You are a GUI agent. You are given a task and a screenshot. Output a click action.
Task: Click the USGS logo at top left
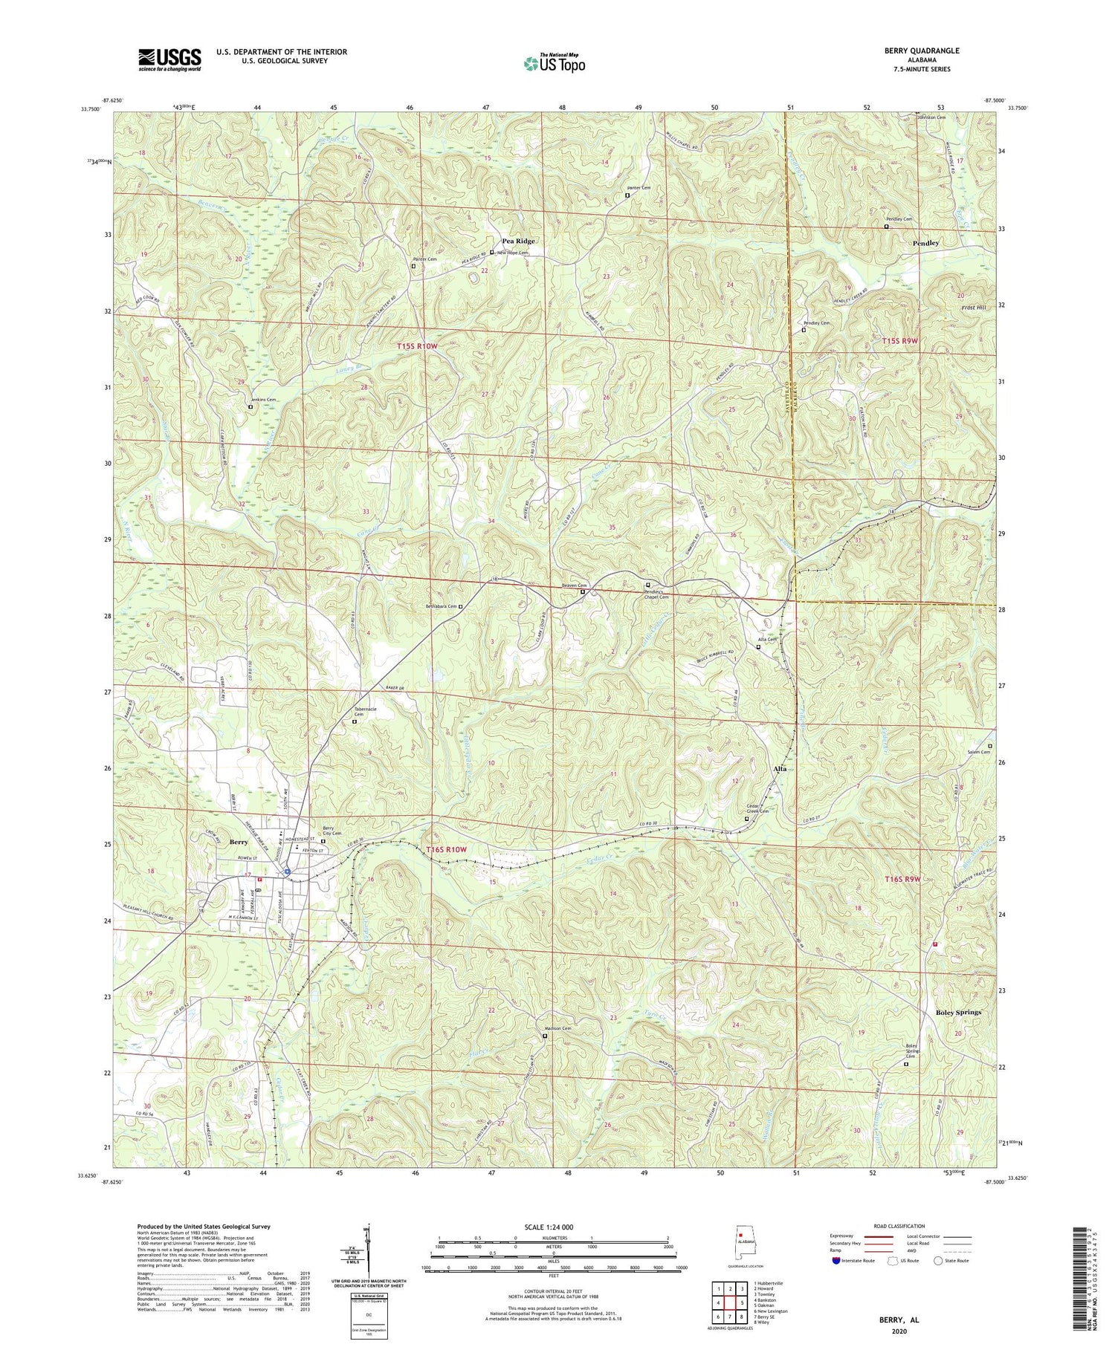coord(169,59)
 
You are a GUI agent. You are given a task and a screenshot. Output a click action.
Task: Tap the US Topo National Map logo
coord(554,63)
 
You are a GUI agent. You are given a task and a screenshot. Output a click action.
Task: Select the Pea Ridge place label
coord(518,241)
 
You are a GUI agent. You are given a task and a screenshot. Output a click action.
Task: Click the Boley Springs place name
coord(957,1013)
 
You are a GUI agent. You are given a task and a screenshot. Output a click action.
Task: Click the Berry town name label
coord(239,843)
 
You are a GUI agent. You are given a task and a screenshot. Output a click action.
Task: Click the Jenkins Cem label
coord(263,400)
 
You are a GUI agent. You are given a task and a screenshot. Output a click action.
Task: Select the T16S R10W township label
coord(447,849)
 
